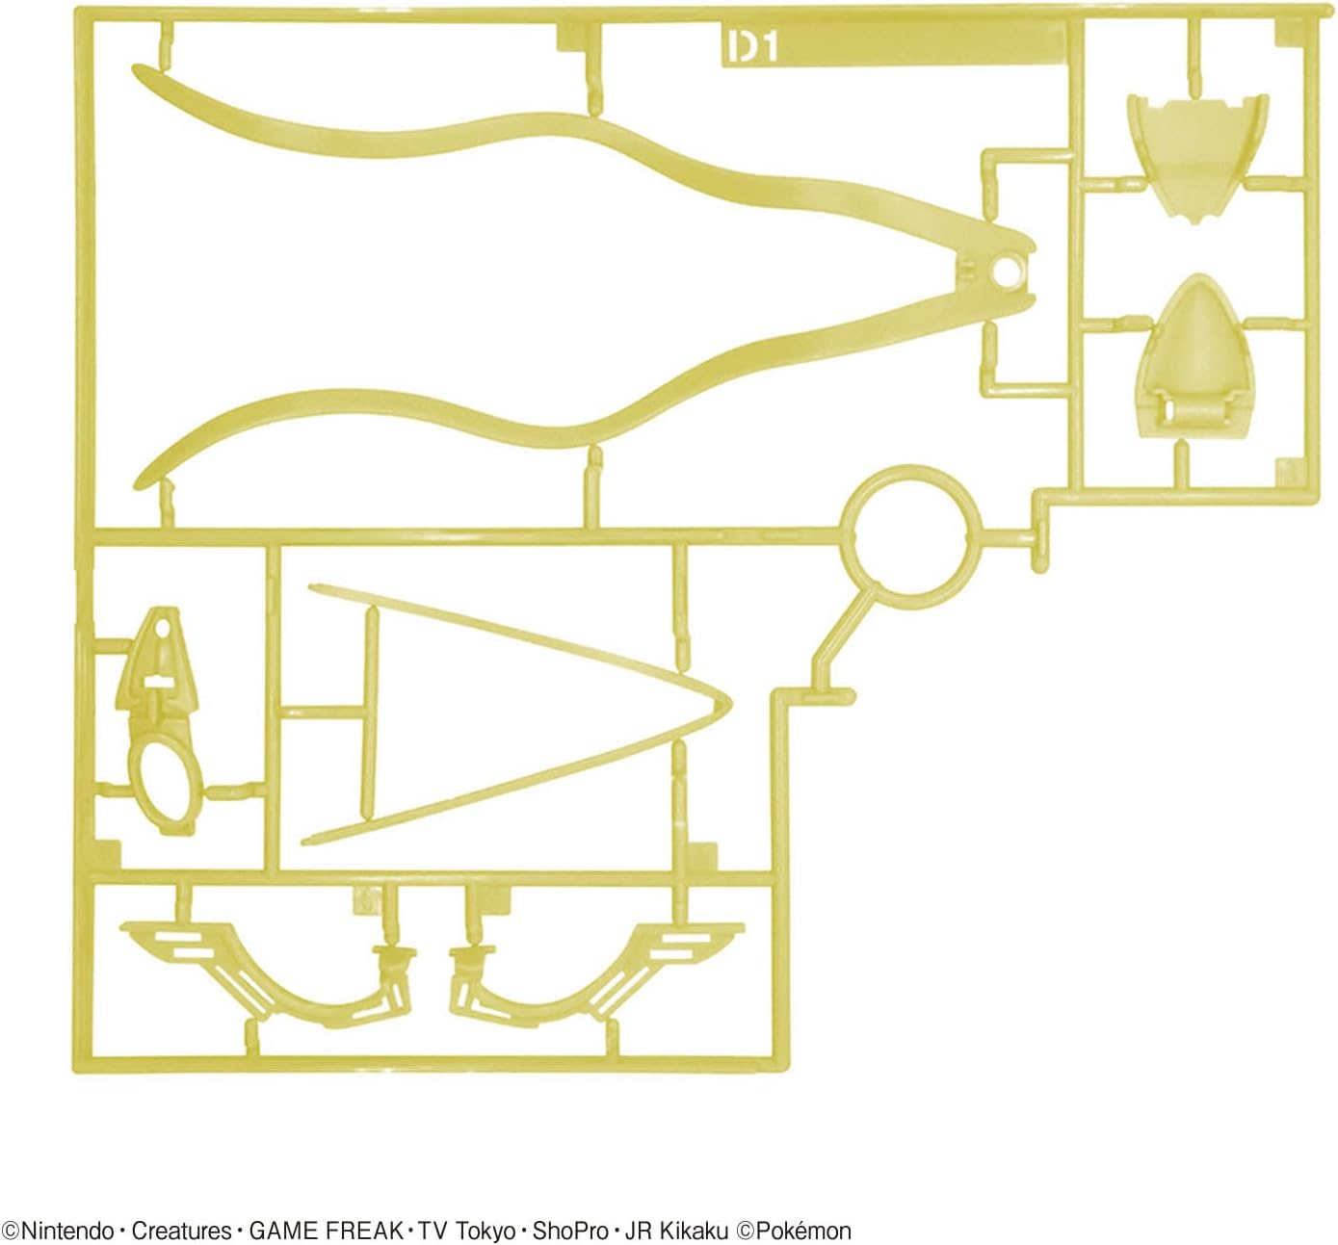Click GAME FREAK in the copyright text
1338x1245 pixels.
[x=327, y=1231]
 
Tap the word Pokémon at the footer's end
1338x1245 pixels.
[x=803, y=1231]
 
